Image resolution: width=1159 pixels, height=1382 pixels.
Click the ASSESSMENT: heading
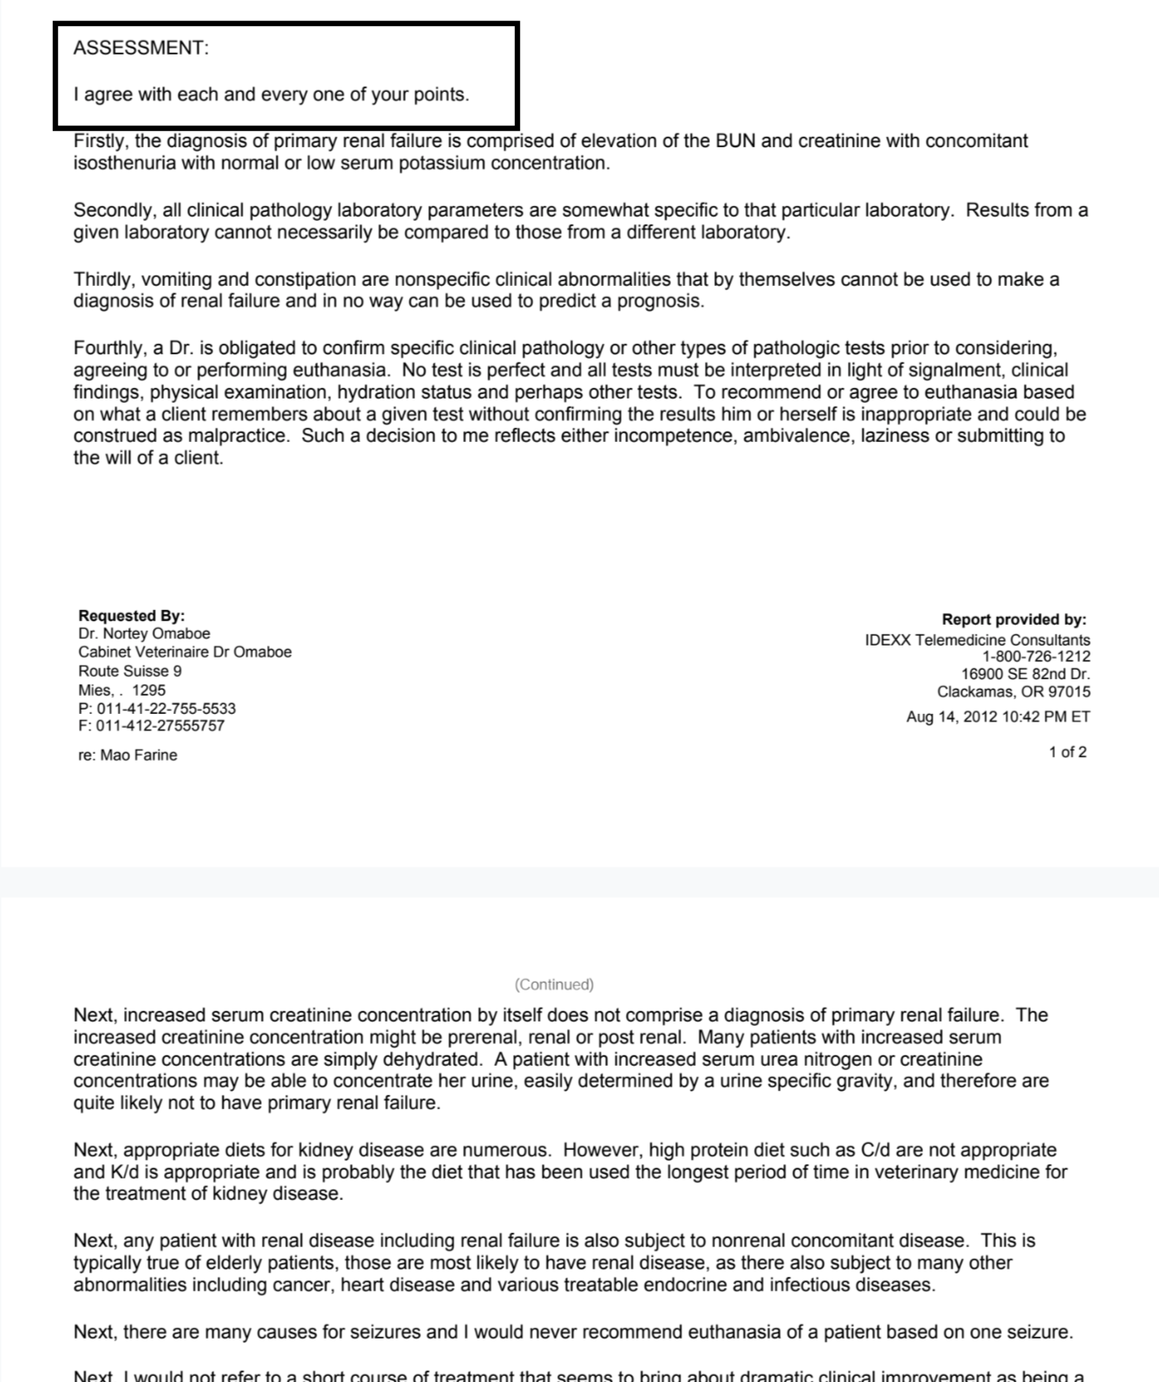click(140, 49)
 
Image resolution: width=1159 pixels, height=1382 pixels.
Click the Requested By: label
click(131, 616)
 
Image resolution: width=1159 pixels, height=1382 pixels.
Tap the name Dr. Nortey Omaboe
click(144, 634)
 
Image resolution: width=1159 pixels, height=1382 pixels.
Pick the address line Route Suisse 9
click(130, 672)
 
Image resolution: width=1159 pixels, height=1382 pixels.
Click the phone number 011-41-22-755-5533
click(165, 709)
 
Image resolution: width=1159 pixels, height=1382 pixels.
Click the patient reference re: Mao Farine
click(127, 756)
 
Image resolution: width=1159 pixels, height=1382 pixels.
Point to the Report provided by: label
click(1013, 620)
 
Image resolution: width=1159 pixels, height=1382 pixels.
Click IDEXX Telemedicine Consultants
click(977, 640)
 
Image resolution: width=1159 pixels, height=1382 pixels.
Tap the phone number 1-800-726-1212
click(1036, 657)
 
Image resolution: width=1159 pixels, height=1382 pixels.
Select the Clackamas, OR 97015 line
click(1013, 692)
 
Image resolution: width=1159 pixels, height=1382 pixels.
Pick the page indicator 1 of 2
click(1067, 753)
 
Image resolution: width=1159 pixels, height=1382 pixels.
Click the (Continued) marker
click(554, 985)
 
